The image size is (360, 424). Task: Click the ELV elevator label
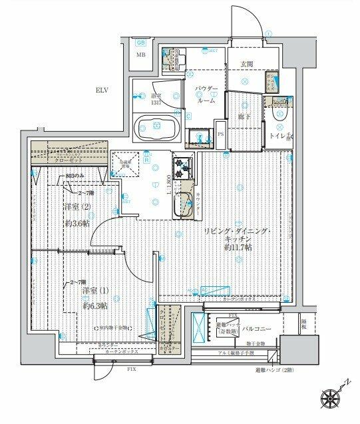pos(101,90)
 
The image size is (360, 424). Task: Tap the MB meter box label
pos(141,56)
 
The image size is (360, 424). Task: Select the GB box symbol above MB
pos(141,42)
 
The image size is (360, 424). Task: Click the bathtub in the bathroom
pos(157,126)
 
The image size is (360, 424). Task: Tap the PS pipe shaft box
pos(220,134)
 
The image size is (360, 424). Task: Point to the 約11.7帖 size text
pos(238,247)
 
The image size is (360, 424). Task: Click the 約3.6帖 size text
pos(77,224)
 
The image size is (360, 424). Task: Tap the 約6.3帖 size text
pos(95,306)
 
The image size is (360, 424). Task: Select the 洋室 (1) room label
pos(95,291)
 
